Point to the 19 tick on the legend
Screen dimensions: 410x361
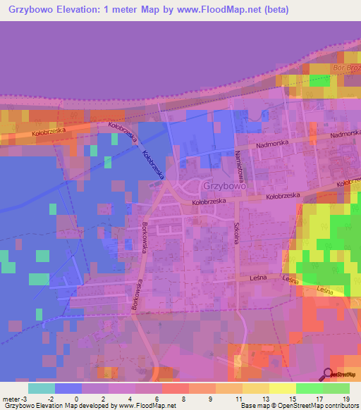[345, 399]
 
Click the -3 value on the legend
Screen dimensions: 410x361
[24, 399]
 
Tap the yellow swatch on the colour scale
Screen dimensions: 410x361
[282, 388]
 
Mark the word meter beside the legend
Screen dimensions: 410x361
[11, 399]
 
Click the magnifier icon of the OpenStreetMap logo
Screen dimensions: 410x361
[328, 374]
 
